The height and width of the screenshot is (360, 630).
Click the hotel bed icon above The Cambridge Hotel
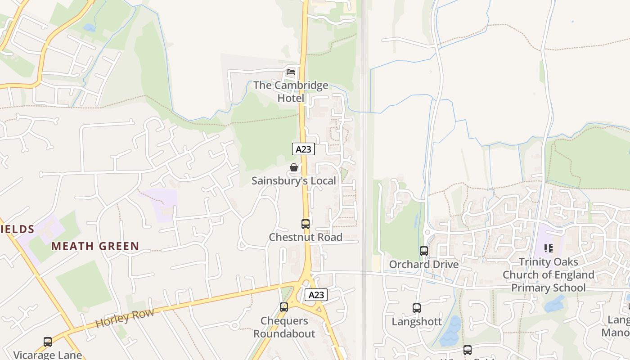pyautogui.click(x=291, y=72)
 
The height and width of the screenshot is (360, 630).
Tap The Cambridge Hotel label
pyautogui.click(x=291, y=91)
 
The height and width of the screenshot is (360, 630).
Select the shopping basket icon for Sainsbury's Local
pyautogui.click(x=294, y=168)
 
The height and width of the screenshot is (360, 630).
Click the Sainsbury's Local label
pyautogui.click(x=293, y=181)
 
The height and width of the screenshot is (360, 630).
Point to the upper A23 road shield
pyautogui.click(x=303, y=149)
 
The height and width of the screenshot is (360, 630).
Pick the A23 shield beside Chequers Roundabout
pyautogui.click(x=316, y=295)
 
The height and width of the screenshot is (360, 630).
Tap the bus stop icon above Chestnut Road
pyautogui.click(x=306, y=224)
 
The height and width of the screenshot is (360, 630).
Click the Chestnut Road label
pyautogui.click(x=306, y=237)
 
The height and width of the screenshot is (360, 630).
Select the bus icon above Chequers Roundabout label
pyautogui.click(x=284, y=307)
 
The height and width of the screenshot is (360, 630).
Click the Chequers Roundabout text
pyautogui.click(x=284, y=327)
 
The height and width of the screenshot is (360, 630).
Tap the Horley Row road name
pyautogui.click(x=125, y=318)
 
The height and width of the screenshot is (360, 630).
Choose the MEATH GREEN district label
pyautogui.click(x=95, y=246)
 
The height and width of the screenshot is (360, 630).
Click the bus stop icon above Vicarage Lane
pyautogui.click(x=48, y=342)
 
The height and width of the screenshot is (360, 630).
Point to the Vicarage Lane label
pyautogui.click(x=47, y=355)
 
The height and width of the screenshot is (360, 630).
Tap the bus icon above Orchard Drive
pyautogui.click(x=424, y=251)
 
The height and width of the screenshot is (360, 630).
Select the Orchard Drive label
pyautogui.click(x=424, y=264)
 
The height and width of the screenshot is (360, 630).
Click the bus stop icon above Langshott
pyautogui.click(x=417, y=308)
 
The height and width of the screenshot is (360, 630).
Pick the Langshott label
pyautogui.click(x=417, y=322)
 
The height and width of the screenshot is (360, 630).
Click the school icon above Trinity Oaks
pyautogui.click(x=549, y=248)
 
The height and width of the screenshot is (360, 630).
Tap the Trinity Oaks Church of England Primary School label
pyautogui.click(x=549, y=274)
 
